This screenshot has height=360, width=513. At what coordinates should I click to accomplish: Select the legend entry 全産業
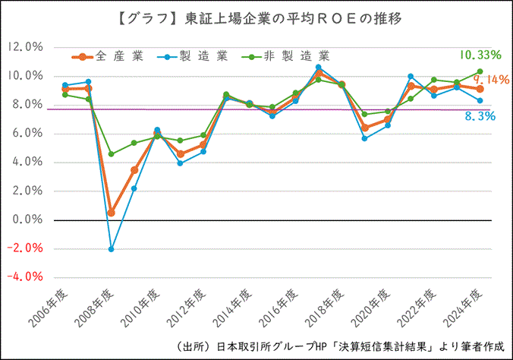[x=105, y=56]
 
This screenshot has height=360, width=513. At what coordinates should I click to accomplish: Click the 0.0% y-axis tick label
[x=28, y=220]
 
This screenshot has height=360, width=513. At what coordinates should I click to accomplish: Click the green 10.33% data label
[x=480, y=55]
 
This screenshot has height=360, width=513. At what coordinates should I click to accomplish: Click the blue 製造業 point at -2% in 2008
[x=111, y=249]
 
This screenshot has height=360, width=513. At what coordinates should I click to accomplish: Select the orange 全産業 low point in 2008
[x=111, y=213]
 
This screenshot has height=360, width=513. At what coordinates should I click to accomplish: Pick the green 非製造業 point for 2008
[x=111, y=154]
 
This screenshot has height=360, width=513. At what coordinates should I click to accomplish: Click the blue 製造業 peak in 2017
[x=319, y=67]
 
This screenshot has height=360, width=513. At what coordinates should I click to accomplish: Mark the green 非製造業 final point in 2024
[x=480, y=71]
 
